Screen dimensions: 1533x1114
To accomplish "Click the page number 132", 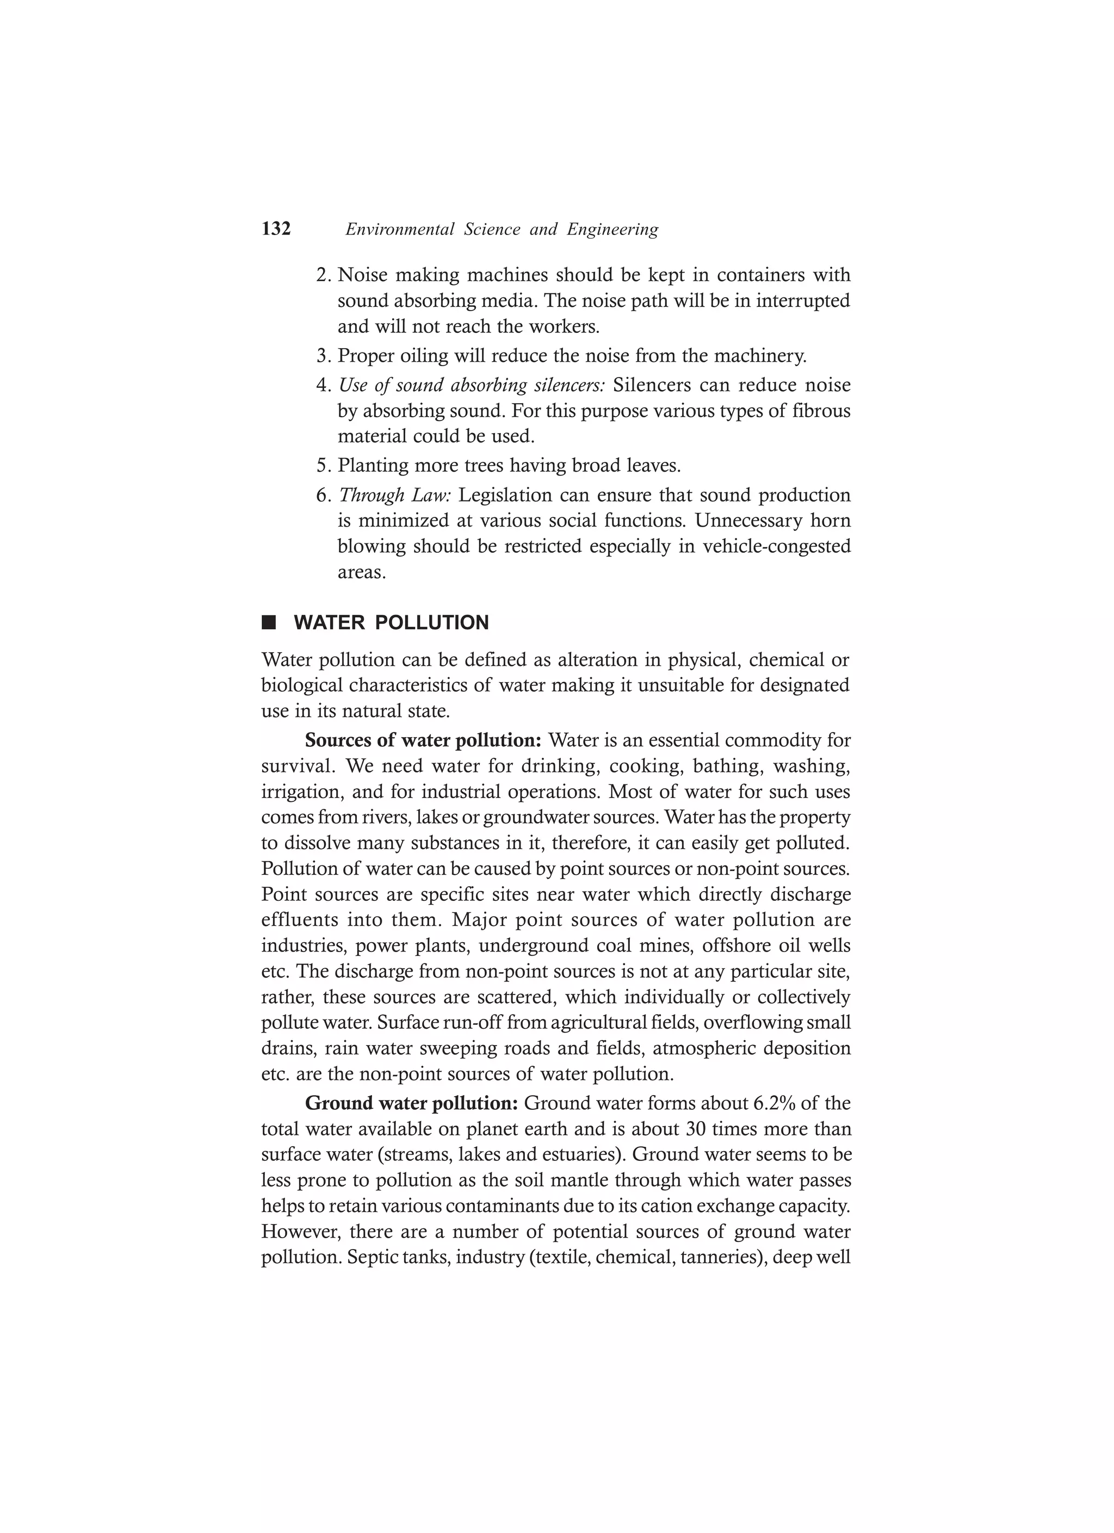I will (276, 229).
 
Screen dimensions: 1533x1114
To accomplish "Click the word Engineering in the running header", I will (612, 230).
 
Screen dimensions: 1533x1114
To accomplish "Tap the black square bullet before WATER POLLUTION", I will (269, 622).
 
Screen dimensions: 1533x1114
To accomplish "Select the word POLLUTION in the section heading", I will (431, 622).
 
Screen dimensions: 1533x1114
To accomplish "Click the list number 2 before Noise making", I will (323, 275).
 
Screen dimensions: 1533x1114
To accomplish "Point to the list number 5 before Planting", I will (323, 466).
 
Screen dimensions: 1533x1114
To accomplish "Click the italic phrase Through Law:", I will (395, 496).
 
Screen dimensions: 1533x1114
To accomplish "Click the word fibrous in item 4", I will (821, 411).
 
